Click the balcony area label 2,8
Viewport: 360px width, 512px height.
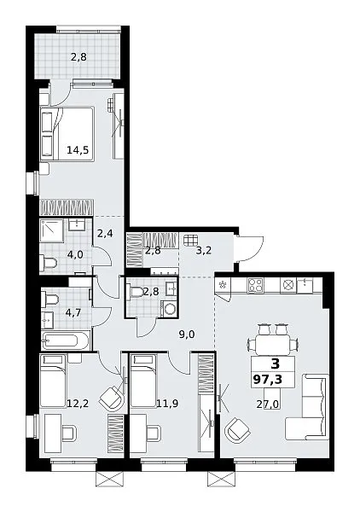pos(78,57)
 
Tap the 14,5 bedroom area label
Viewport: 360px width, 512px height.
pos(78,150)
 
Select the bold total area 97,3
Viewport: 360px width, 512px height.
pos(267,380)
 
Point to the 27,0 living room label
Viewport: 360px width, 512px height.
pos(267,404)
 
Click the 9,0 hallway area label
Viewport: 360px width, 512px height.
pos(187,334)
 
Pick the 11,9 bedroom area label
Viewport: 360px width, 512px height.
pos(167,404)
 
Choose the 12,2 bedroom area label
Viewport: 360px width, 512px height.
pos(78,404)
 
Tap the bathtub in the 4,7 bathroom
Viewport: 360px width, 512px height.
pos(65,341)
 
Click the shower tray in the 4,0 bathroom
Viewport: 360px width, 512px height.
pos(52,230)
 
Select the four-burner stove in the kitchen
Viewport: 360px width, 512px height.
pos(255,285)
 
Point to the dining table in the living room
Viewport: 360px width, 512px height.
pos(272,345)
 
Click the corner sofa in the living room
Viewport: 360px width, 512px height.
pos(307,407)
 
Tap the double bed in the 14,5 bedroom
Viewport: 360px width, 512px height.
pos(67,134)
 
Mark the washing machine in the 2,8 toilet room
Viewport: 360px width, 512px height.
pos(170,309)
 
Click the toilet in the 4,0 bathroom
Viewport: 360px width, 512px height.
pos(49,262)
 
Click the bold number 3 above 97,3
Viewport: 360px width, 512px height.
pos(276,364)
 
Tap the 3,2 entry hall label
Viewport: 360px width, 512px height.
pos(203,251)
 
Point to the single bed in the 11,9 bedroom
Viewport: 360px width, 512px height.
pos(143,381)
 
